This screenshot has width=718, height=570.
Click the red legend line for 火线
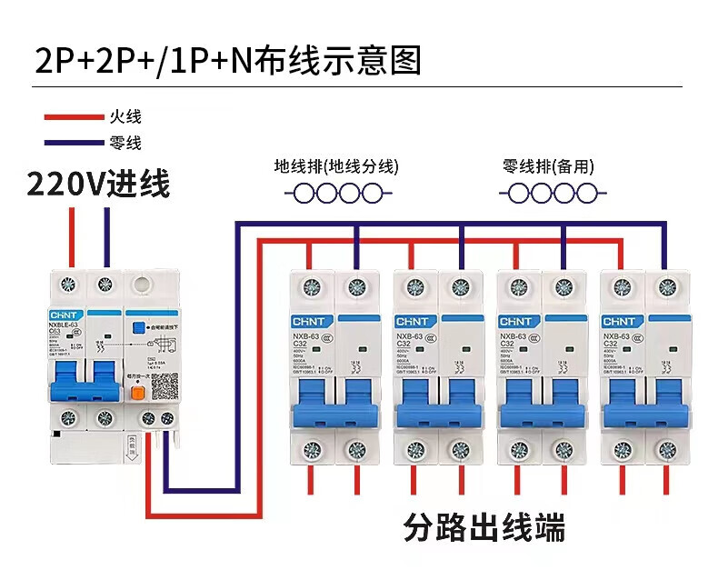(75, 116)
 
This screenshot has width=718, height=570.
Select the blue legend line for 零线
(75, 142)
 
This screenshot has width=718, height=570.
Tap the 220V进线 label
(98, 185)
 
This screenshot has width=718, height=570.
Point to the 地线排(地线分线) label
(336, 166)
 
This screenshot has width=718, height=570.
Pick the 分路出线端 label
(484, 527)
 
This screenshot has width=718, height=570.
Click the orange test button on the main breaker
(138, 394)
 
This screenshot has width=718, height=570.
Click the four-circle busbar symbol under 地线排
(337, 193)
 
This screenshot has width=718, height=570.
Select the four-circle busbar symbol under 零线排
(553, 193)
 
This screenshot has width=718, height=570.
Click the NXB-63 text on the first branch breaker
(304, 335)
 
